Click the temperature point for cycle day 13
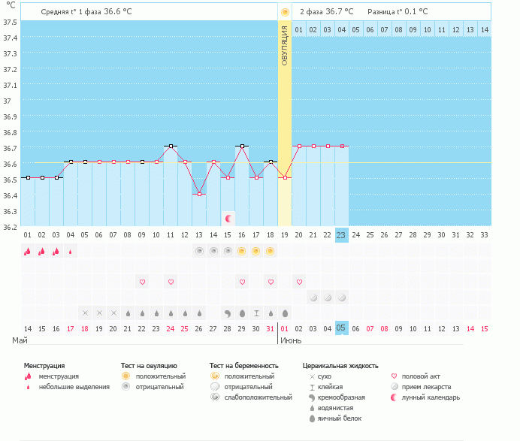coord(199,194)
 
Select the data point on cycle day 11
coord(171,146)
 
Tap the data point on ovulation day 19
coord(285,178)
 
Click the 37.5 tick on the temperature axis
coord(10,23)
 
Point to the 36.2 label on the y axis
coord(10,227)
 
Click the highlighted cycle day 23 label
coord(341,235)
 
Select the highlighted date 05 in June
coord(341,328)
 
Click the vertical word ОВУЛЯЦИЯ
coord(285,45)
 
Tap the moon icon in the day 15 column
coord(228,219)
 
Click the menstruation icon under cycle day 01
coord(28,252)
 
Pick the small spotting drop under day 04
coord(71,252)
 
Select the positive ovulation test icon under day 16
coord(242,251)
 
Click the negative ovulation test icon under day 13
coord(199,251)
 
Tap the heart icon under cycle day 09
coord(142,282)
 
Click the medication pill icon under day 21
coord(313,298)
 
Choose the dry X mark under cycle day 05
coord(85,313)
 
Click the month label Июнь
coord(291,340)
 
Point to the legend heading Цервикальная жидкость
coord(340,366)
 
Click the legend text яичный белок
coord(339,418)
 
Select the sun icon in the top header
coord(285,12)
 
